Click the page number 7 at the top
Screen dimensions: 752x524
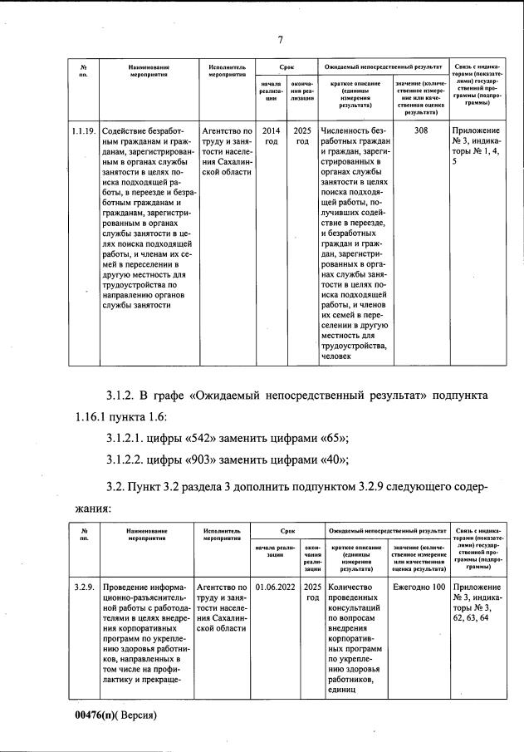tap(281, 40)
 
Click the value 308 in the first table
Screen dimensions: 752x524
tap(421, 131)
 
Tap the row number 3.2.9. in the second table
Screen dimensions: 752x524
tap(83, 587)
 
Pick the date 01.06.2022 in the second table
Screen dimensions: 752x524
tap(275, 587)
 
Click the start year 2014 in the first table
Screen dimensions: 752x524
tap(271, 131)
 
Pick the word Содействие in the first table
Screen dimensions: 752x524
tap(130, 131)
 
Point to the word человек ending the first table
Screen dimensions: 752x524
tap(340, 356)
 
